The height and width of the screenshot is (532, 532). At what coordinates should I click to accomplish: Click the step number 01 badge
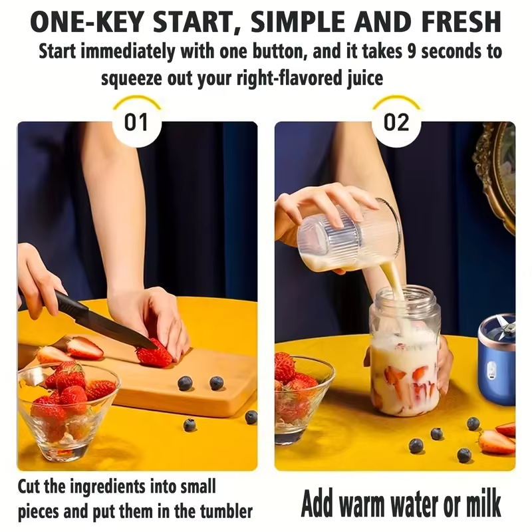point(136,122)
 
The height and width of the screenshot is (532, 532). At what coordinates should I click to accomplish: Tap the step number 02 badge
point(396,122)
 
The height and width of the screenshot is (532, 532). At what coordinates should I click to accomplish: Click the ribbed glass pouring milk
point(349,236)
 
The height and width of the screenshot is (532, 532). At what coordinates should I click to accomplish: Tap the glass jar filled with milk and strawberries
point(404,352)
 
